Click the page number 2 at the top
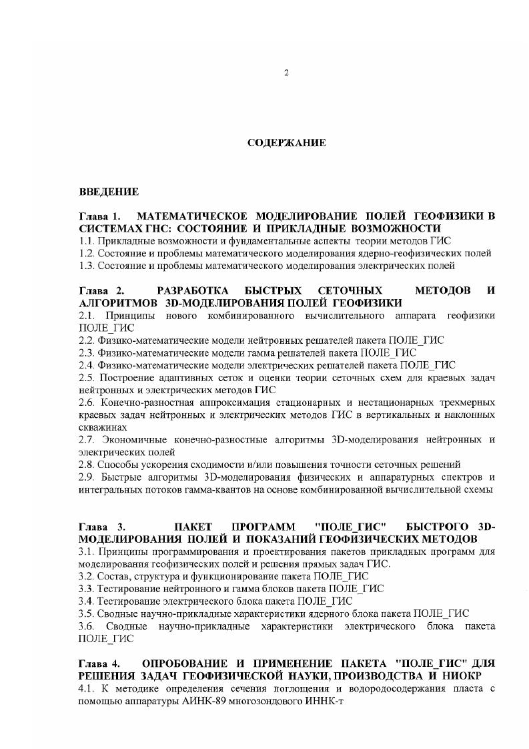pyautogui.click(x=286, y=73)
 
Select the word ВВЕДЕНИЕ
pyautogui.click(x=109, y=192)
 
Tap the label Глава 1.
pyautogui.click(x=100, y=217)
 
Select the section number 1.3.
pyautogui.click(x=86, y=266)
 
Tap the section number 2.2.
pyautogui.click(x=86, y=340)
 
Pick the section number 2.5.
pyautogui.click(x=86, y=379)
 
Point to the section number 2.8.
pyautogui.click(x=86, y=464)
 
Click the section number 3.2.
pyautogui.click(x=86, y=576)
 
